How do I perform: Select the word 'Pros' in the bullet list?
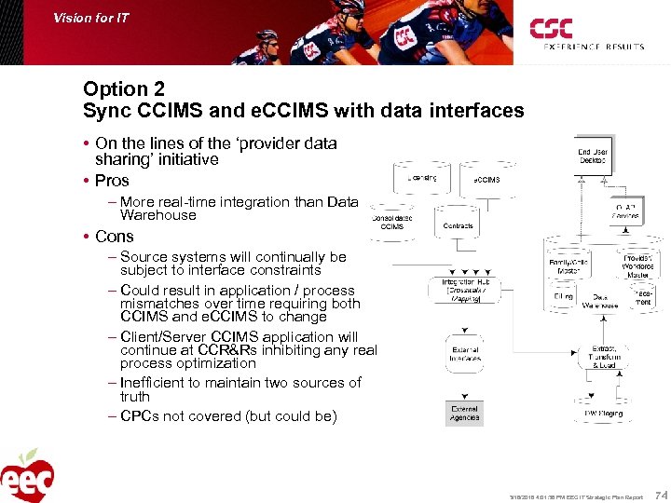112,181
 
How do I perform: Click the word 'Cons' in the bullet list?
114,237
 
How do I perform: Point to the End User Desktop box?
592,156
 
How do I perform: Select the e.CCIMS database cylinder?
486,179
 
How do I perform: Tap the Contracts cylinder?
459,225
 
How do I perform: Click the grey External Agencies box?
464,412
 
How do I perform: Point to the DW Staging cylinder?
603,412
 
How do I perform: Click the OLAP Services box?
624,211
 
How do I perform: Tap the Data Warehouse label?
600,301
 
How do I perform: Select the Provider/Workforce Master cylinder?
637,265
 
